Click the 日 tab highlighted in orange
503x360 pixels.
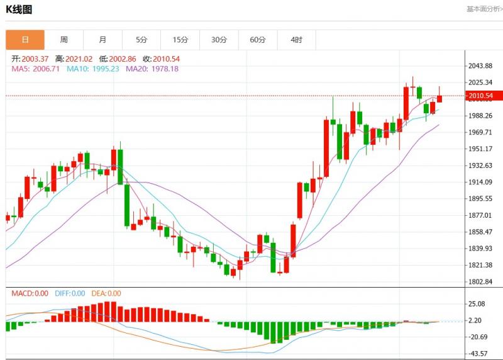coord(25,40)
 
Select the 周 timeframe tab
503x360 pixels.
coord(64,40)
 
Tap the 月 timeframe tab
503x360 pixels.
coord(102,40)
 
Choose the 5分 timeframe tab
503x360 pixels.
coord(141,40)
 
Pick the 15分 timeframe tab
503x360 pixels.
coord(180,40)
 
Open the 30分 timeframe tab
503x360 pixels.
coord(219,40)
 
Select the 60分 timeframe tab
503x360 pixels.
coord(258,40)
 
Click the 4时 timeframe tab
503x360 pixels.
coord(296,40)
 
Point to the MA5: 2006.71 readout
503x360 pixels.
coord(36,69)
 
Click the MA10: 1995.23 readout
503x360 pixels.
coord(92,69)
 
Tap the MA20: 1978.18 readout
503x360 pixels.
coord(152,69)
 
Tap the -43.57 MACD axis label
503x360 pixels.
coord(479,354)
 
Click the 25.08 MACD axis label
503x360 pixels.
coord(477,304)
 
